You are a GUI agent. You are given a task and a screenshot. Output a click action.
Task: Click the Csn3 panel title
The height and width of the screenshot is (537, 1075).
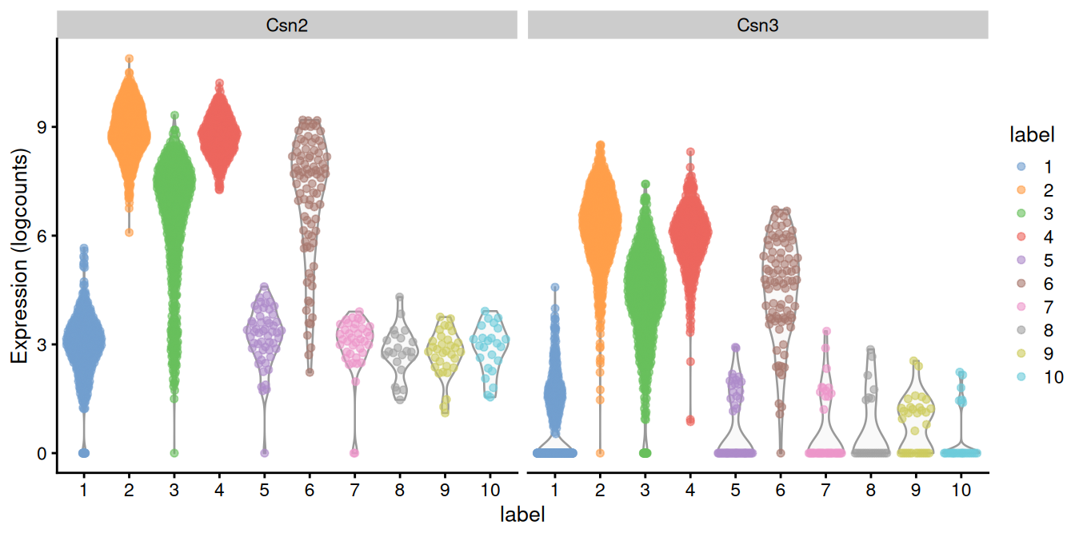point(757,26)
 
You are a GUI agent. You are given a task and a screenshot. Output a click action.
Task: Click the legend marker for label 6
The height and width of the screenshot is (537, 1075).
point(1020,284)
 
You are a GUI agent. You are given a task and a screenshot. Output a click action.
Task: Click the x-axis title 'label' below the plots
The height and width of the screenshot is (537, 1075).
point(522,514)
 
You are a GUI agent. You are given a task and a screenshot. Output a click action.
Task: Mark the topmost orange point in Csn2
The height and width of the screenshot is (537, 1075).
point(129,58)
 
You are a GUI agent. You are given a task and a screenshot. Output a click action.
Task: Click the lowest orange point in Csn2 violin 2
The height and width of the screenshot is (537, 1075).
point(129,233)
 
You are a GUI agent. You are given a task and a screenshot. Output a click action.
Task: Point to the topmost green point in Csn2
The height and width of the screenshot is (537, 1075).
point(174,115)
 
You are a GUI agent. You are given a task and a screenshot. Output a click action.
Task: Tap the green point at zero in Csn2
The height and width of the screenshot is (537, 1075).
point(174,453)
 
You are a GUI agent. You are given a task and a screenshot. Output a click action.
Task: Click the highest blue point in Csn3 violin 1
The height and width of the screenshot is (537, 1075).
point(555,287)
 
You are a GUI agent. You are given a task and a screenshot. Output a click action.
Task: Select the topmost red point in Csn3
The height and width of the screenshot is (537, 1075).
point(690,152)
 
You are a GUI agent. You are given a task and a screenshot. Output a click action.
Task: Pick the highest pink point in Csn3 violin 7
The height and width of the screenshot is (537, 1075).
point(827,331)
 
